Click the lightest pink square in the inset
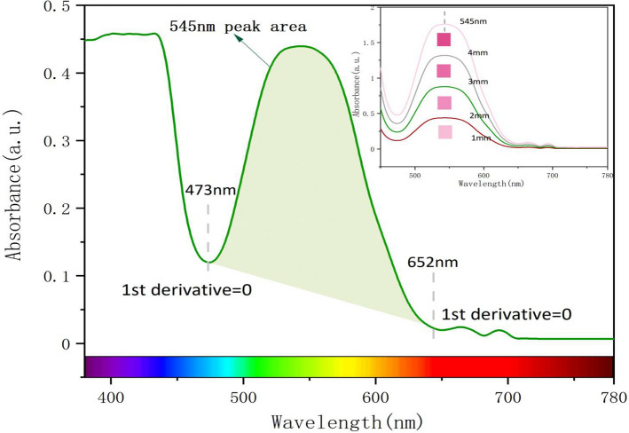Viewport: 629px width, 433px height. (x=444, y=132)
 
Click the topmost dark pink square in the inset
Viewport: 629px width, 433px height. (x=444, y=39)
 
